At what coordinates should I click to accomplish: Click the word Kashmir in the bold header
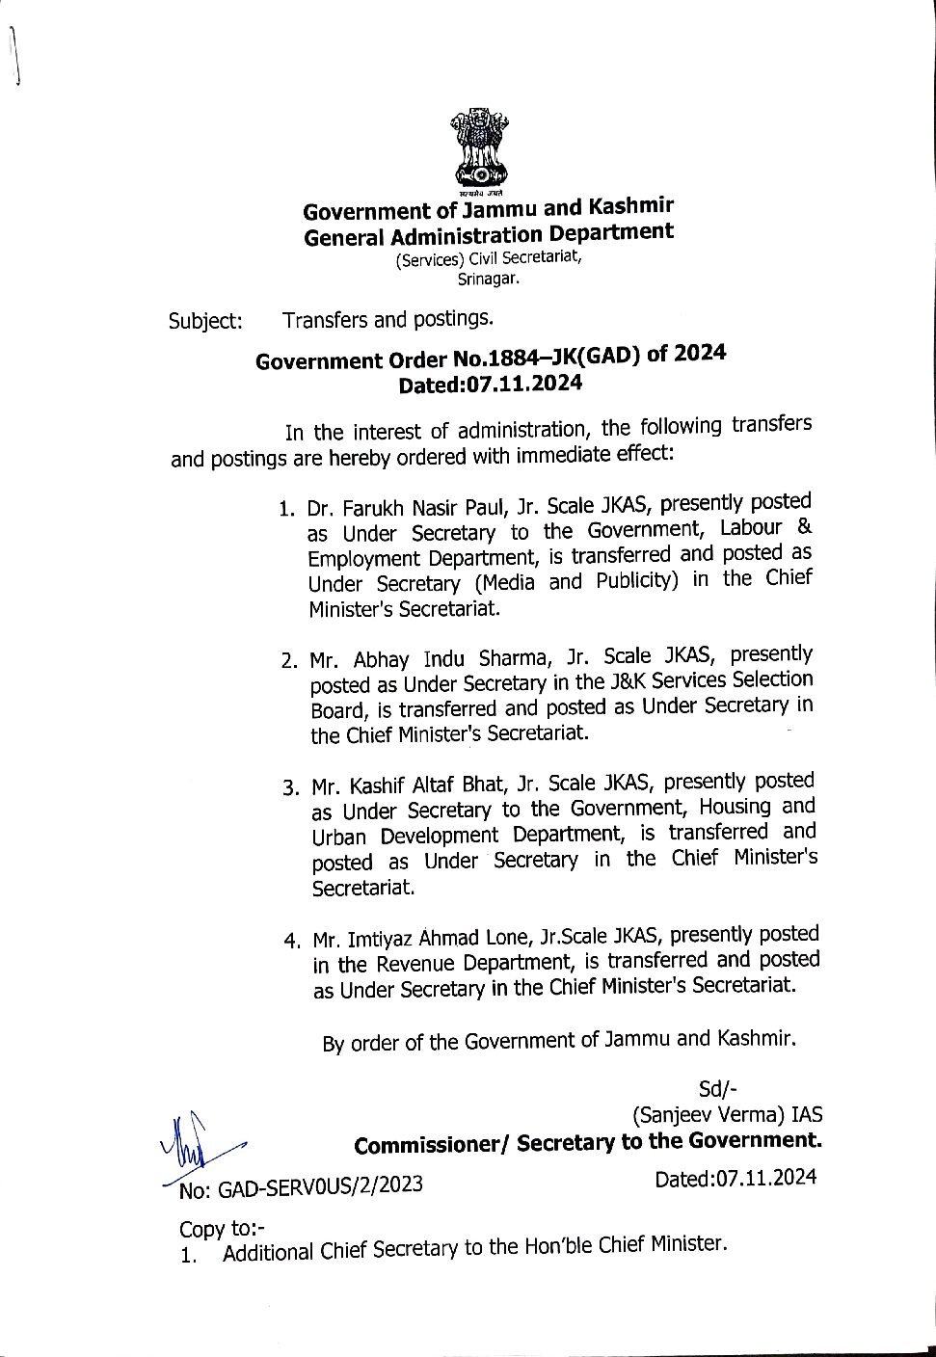(x=628, y=205)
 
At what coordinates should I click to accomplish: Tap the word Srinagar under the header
(x=489, y=279)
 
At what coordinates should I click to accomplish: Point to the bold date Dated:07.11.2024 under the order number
(x=491, y=384)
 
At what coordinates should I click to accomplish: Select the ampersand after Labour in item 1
(x=805, y=526)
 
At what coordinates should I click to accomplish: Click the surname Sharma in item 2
(x=508, y=658)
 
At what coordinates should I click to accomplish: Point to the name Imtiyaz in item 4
(x=385, y=939)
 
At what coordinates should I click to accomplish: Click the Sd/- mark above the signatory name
(x=717, y=1089)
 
